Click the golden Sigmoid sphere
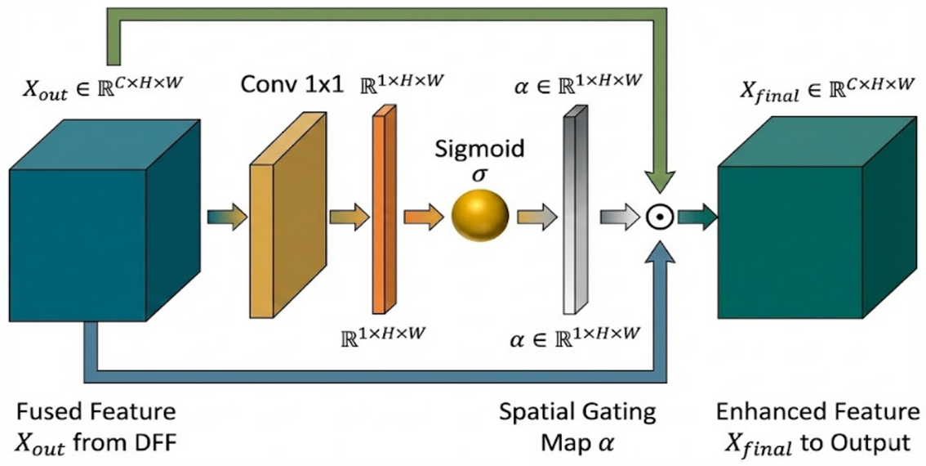480,217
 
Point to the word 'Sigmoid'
480,150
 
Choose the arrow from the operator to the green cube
696,217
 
